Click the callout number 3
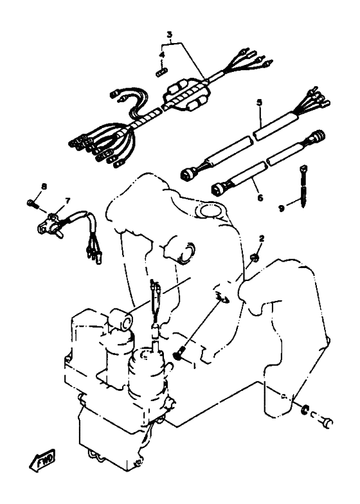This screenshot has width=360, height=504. pyautogui.click(x=170, y=34)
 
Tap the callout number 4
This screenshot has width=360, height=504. pyautogui.click(x=162, y=55)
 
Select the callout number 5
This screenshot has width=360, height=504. pyautogui.click(x=259, y=103)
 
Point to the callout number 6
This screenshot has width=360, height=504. pyautogui.click(x=260, y=197)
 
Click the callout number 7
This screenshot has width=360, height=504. pyautogui.click(x=67, y=201)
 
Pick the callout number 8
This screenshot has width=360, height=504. pyautogui.click(x=44, y=186)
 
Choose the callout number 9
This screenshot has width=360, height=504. pyautogui.click(x=282, y=208)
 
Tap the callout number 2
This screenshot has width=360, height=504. pyautogui.click(x=262, y=238)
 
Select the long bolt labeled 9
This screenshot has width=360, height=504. pyautogui.click(x=303, y=186)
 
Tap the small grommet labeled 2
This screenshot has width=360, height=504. pyautogui.click(x=255, y=258)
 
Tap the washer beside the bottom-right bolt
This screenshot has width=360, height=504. pyautogui.click(x=303, y=410)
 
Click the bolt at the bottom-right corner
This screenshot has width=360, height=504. pyautogui.click(x=325, y=422)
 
